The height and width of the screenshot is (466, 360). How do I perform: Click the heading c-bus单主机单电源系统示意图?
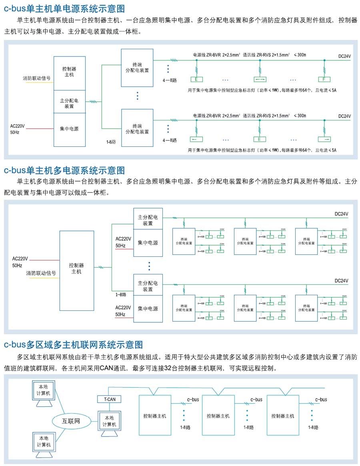pyautogui.click(x=64, y=8)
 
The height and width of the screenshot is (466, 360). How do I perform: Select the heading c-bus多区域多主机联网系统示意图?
pyautogui.click(x=73, y=344)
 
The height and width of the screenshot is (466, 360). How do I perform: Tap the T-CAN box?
pyautogui.click(x=109, y=399)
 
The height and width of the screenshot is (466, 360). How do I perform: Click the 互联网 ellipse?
pyautogui.click(x=71, y=421)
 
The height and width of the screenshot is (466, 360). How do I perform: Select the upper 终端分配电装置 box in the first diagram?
pyautogui.click(x=137, y=67)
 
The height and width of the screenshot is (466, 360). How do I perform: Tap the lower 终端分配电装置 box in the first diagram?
pyautogui.click(x=137, y=128)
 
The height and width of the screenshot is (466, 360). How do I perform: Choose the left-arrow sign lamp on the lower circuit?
pyautogui.click(x=196, y=140)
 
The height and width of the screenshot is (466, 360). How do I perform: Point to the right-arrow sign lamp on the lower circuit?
pyautogui.click(x=324, y=140)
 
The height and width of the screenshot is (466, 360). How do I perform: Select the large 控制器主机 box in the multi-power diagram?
pyautogui.click(x=76, y=270)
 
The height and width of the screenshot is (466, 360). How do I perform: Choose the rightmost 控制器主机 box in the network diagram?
pyautogui.click(x=282, y=416)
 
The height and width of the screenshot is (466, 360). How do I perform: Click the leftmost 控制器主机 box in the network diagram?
pyautogui.click(x=154, y=416)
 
